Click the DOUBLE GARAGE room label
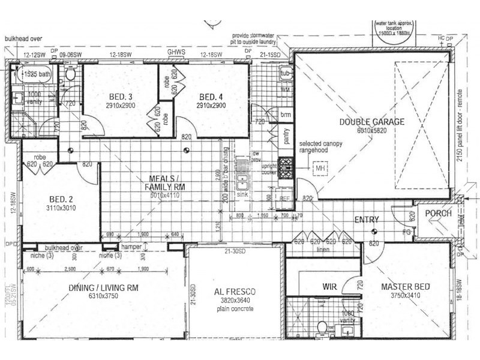tap(372, 121)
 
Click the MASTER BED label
tap(406, 287)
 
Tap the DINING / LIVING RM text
tap(104, 288)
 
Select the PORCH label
tap(438, 214)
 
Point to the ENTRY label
tap(366, 220)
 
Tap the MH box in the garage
tap(320, 169)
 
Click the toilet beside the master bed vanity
tap(322, 328)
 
